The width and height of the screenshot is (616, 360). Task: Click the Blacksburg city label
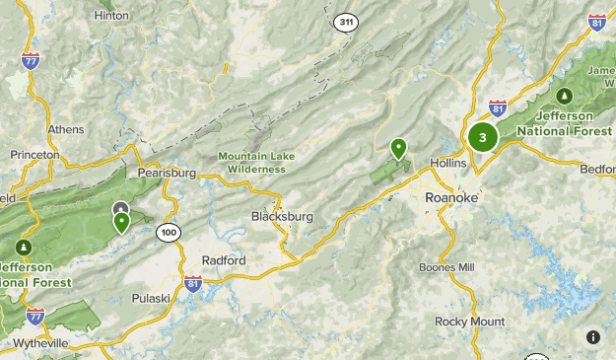[282, 216]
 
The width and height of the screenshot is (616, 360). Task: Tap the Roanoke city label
[451, 197]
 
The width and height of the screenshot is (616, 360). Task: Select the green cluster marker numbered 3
[483, 137]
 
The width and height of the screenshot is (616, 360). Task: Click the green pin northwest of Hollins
[399, 148]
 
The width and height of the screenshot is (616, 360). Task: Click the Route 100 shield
[168, 232]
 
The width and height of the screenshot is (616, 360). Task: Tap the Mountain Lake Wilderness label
[251, 162]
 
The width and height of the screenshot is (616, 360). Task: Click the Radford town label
[223, 259]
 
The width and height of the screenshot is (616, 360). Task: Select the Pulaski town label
[152, 297]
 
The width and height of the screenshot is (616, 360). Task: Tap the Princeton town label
[35, 155]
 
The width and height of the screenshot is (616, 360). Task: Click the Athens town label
[66, 129]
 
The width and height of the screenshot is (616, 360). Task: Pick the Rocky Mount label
[470, 322]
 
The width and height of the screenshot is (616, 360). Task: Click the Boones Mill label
[446, 267]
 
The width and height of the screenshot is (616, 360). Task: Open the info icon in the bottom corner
[593, 337]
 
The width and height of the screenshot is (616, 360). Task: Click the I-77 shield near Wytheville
[35, 316]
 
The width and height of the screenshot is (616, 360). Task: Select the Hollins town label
[447, 163]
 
